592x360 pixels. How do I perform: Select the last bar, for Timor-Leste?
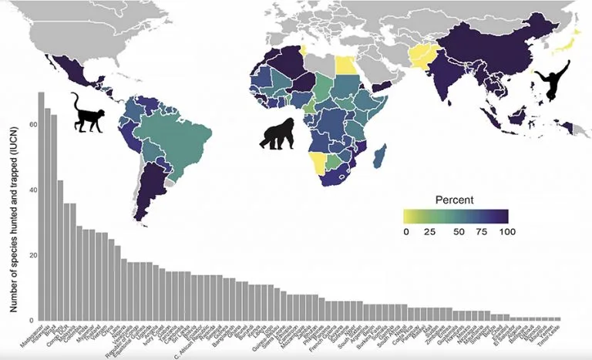tap(558, 318)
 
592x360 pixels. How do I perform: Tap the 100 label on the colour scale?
tap(505, 231)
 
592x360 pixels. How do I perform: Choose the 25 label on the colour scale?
tap(430, 231)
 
